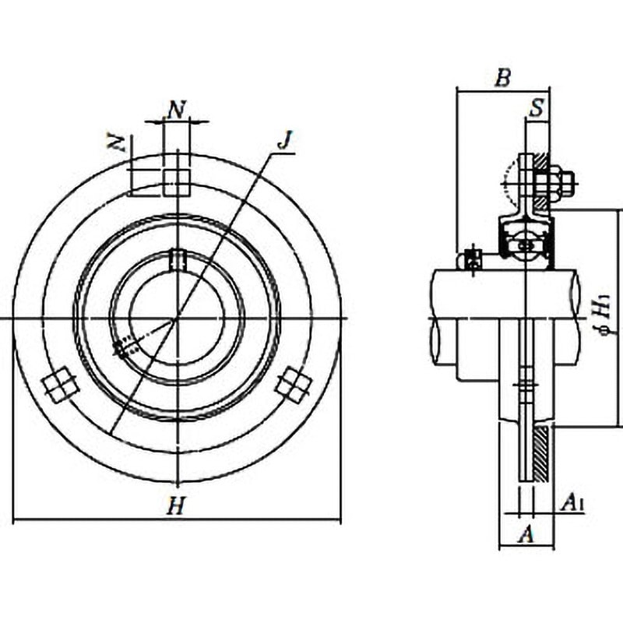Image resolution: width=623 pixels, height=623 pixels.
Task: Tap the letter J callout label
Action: pyautogui.click(x=284, y=140)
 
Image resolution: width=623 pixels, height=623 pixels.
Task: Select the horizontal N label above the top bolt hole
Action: pyautogui.click(x=177, y=110)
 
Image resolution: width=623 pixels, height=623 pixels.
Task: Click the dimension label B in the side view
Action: pyautogui.click(x=503, y=77)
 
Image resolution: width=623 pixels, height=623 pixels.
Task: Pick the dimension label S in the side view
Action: pyautogui.click(x=537, y=107)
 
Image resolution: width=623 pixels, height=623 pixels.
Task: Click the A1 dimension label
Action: pyautogui.click(x=572, y=502)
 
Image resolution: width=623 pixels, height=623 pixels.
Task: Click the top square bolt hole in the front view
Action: pyautogui.click(x=177, y=182)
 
